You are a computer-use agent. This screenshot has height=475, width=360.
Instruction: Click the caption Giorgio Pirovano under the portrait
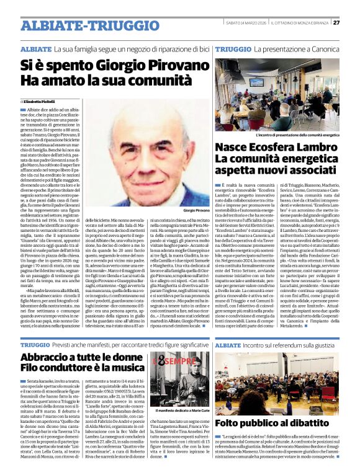tap(197, 211)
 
